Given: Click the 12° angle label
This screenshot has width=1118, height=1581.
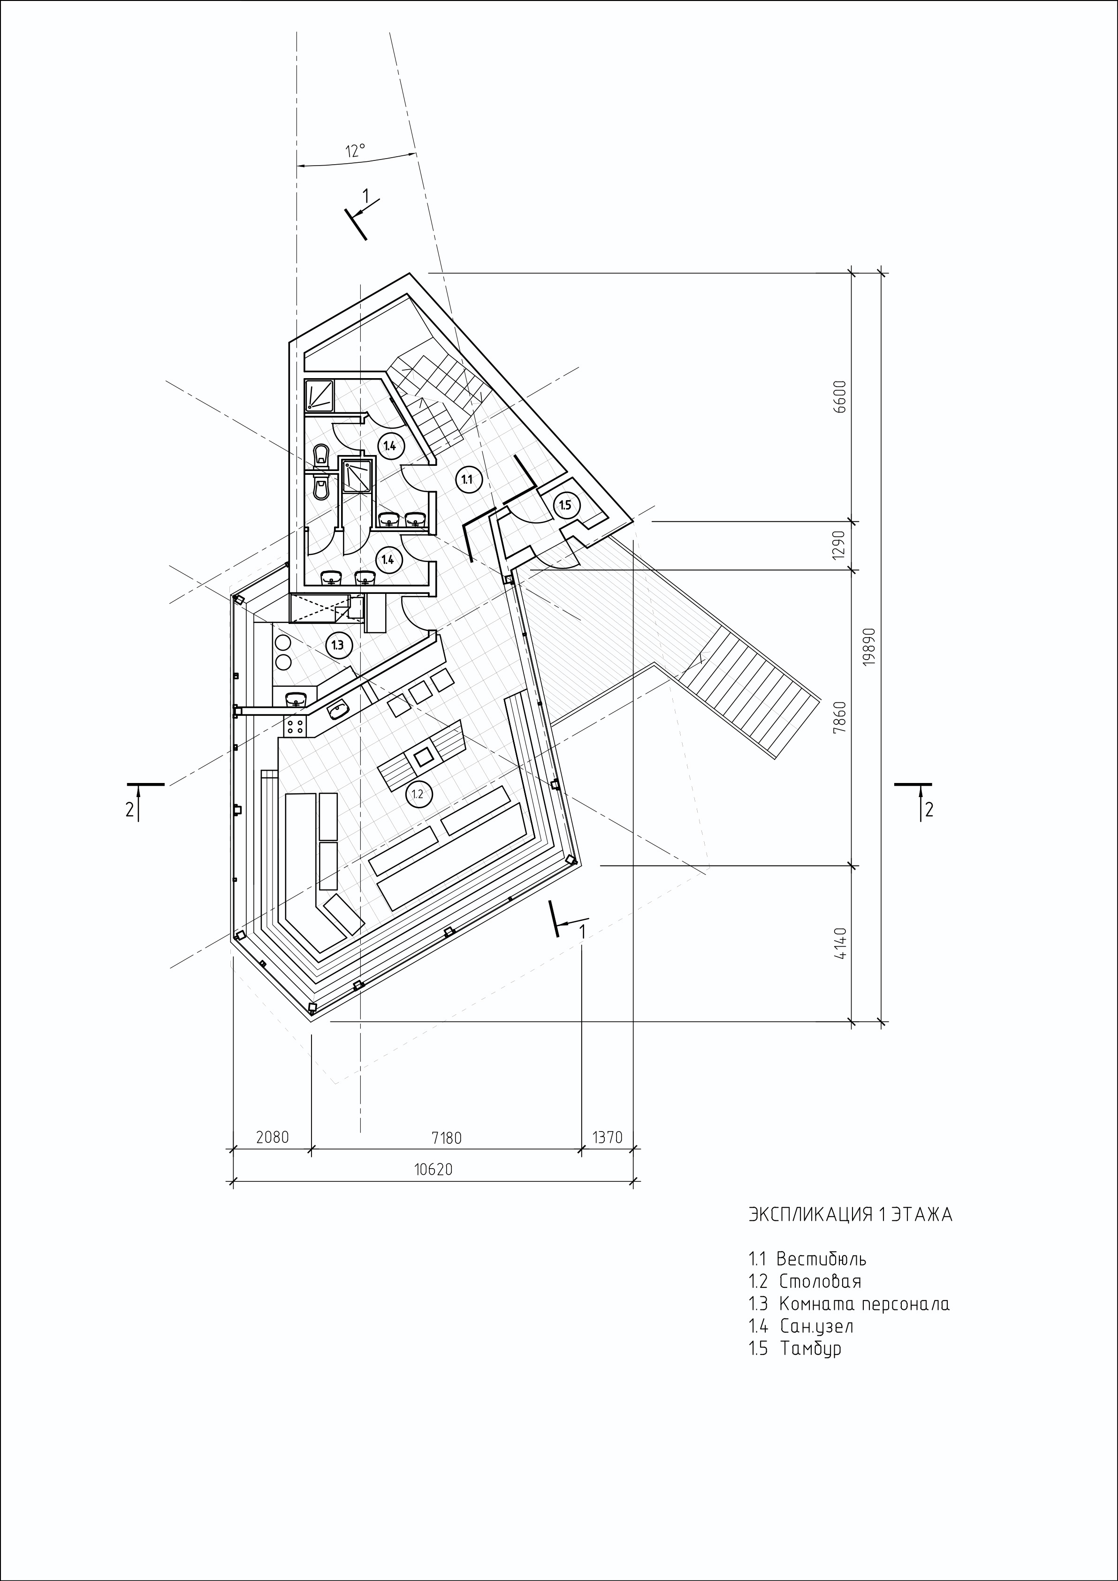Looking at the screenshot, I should tap(355, 151).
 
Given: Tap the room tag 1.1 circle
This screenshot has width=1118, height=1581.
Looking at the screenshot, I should tap(467, 479).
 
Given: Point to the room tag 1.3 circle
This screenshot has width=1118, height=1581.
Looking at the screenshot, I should tap(337, 645).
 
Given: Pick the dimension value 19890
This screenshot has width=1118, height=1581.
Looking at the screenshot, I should tap(869, 646).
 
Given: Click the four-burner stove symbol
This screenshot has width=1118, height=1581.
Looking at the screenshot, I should tap(297, 725).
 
